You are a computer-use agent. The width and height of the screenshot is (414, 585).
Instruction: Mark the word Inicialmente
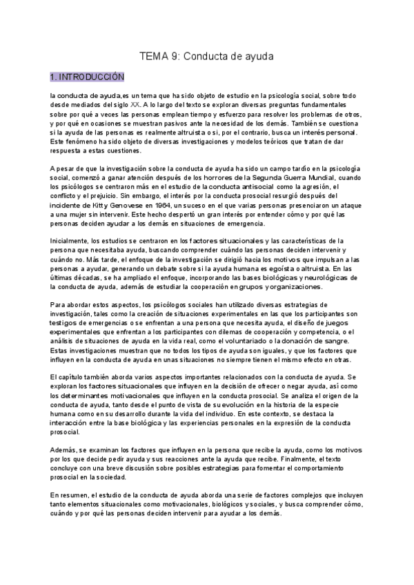pyautogui.click(x=69, y=241)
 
